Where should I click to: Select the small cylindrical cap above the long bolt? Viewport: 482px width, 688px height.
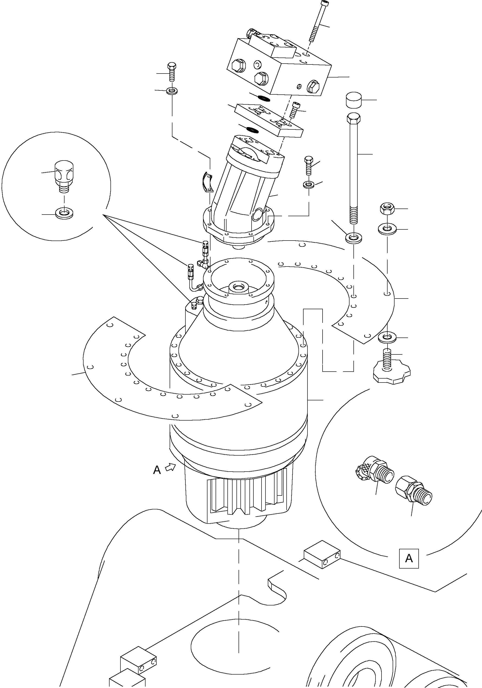click(x=354, y=100)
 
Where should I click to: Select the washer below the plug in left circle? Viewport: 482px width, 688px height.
click(x=64, y=214)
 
